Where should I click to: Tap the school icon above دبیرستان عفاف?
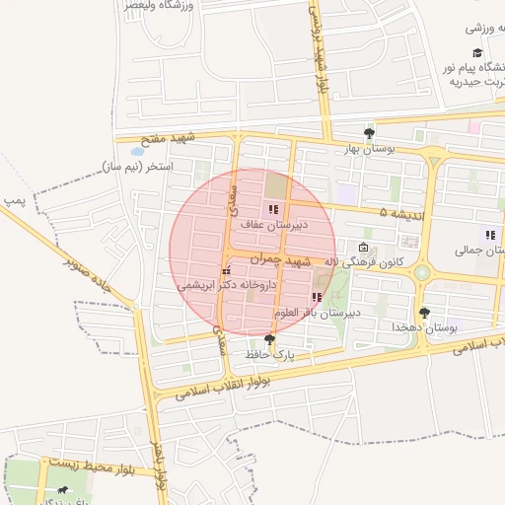273,209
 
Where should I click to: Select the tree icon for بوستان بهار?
369,132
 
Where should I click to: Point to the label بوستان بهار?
369,148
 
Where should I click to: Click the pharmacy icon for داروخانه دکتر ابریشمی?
226,270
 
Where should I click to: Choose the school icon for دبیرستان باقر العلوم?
316,297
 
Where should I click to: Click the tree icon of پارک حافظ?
270,339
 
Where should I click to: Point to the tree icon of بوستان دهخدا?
425,313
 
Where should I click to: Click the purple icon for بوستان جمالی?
490,235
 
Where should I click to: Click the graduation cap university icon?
477,53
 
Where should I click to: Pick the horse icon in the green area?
64,490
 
